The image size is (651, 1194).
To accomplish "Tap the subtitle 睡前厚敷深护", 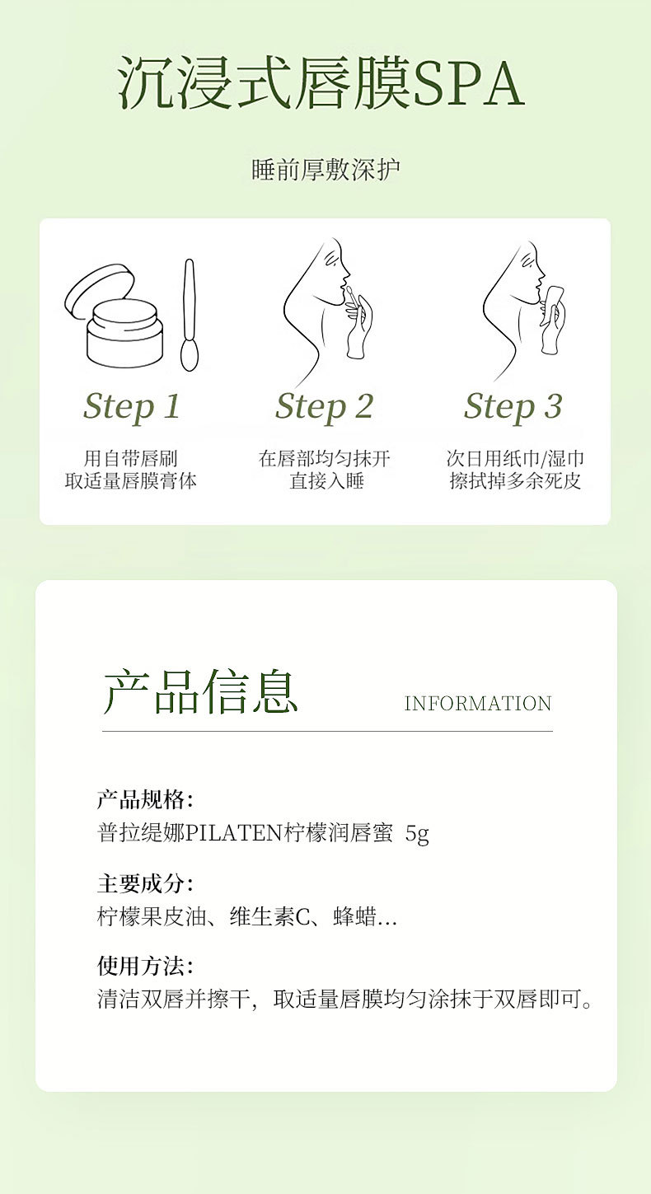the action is (x=325, y=170).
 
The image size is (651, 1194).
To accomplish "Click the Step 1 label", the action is (x=131, y=407).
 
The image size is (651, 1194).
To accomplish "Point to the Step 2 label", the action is (x=324, y=407).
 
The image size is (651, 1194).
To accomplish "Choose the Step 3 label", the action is (x=513, y=407).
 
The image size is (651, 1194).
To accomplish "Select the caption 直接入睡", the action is (x=326, y=481).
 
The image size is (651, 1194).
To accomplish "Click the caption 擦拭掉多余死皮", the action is (x=514, y=481).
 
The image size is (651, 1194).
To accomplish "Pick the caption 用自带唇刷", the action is (x=131, y=458).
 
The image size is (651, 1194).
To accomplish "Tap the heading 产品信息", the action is (x=200, y=691).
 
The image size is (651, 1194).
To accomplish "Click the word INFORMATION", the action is (x=478, y=704).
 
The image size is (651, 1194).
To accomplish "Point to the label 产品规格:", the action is (x=145, y=799).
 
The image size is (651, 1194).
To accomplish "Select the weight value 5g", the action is (x=417, y=834).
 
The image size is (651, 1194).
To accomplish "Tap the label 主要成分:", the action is (x=145, y=883).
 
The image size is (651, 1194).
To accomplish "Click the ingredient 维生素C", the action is (x=270, y=917).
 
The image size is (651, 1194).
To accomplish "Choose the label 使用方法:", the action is (x=145, y=965).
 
